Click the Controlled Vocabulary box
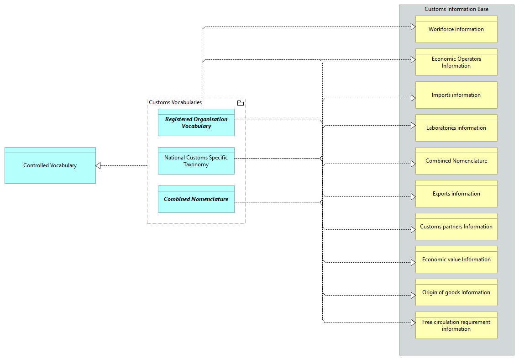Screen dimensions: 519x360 [50, 165]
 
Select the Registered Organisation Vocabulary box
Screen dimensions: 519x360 [196, 122]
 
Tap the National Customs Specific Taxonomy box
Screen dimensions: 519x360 [196, 161]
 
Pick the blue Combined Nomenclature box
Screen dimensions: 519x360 [196, 199]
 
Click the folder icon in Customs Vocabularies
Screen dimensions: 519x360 [241, 103]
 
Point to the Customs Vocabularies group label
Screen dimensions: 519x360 [175, 102]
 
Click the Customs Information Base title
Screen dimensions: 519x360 [456, 9]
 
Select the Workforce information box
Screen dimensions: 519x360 [456, 29]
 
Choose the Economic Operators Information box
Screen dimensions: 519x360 [456, 62]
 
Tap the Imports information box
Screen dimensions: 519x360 [456, 95]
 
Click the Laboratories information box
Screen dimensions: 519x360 [456, 128]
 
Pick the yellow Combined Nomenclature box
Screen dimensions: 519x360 [456, 161]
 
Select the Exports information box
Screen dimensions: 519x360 [456, 194]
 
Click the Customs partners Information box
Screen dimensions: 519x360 [456, 227]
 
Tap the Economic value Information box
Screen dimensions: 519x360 [456, 259]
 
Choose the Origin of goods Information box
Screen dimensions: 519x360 [456, 292]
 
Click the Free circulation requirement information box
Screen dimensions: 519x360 [456, 325]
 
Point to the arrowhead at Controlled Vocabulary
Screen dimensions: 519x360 [98, 165]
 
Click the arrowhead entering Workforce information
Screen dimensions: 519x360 [413, 27]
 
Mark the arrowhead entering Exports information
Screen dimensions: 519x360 [413, 197]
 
